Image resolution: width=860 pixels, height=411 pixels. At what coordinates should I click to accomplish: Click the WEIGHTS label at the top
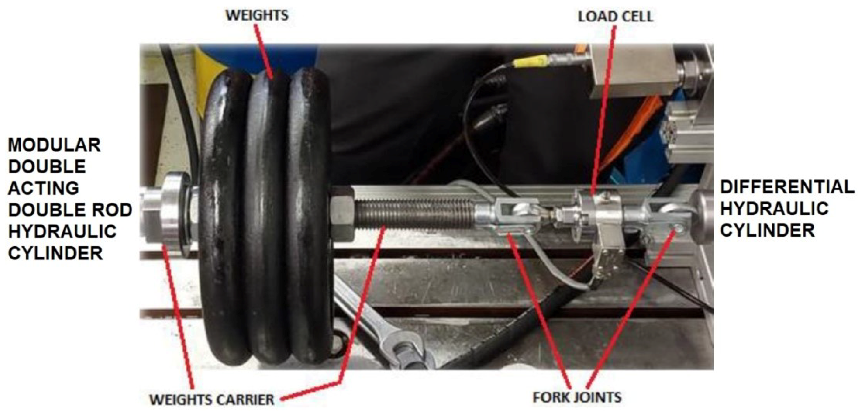[257, 15]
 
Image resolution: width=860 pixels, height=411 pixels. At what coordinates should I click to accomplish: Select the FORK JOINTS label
[577, 397]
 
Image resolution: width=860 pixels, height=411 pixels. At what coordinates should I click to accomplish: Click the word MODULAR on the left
[54, 145]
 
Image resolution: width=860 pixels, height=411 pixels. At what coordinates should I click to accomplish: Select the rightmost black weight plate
[309, 217]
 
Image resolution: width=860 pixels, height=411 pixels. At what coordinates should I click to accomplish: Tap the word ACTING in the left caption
[43, 188]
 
